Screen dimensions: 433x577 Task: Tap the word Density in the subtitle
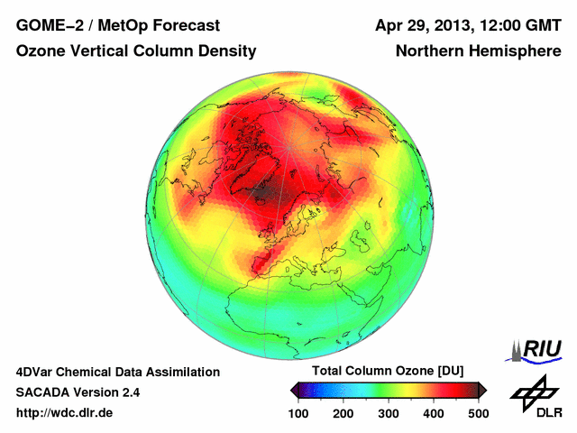click(227, 52)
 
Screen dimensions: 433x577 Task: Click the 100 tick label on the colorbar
click(299, 413)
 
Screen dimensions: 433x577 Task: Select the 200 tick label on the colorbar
click(343, 413)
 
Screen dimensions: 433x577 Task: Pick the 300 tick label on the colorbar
click(389, 413)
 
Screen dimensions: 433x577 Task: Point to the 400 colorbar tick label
click(433, 413)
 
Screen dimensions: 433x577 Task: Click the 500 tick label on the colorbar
click(477, 413)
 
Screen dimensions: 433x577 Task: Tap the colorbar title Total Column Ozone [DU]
click(387, 372)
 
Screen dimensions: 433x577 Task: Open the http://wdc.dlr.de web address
click(65, 413)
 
